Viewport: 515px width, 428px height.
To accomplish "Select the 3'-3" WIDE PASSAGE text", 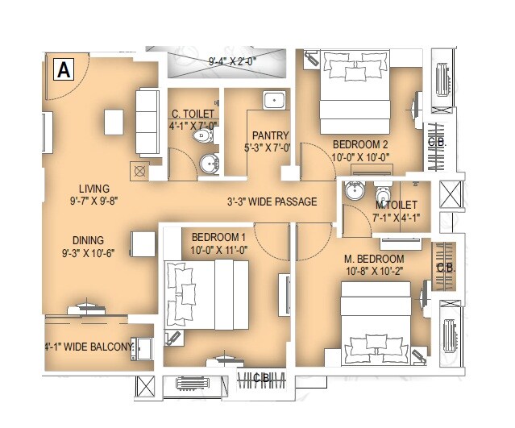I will (x=271, y=202).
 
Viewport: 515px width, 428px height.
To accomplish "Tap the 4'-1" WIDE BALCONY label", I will (x=89, y=347).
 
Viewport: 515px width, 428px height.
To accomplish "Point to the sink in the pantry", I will (x=275, y=101).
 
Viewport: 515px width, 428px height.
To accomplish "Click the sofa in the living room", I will (x=147, y=123).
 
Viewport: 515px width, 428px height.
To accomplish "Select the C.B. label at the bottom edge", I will (x=261, y=377).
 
